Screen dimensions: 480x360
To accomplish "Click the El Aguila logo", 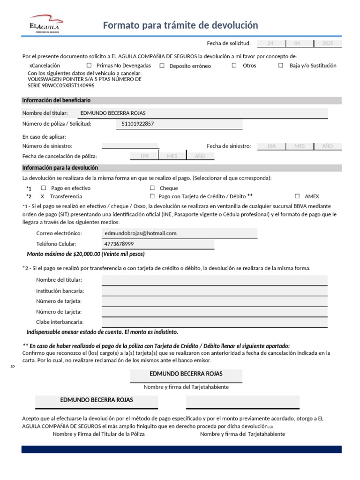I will [x=45, y=25].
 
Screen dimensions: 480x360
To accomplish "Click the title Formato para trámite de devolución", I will [x=180, y=25].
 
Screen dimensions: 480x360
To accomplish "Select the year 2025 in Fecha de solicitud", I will [x=328, y=44].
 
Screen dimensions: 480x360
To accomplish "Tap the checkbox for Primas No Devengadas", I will [x=89, y=66].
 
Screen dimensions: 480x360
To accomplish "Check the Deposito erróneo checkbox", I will [x=162, y=66].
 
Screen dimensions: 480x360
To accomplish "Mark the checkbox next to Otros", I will [x=234, y=66].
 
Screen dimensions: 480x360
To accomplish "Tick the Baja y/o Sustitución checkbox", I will [x=281, y=66].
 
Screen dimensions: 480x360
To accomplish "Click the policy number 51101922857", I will [x=137, y=124].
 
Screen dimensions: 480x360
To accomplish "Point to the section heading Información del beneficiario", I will [x=56, y=100].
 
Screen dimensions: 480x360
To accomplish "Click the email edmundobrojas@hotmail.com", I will [x=141, y=233].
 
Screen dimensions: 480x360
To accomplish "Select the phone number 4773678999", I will [x=120, y=244].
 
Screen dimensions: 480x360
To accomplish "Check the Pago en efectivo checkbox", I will [x=44, y=188].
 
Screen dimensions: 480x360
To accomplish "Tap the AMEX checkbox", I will [x=297, y=196].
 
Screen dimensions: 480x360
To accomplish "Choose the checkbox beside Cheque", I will [x=152, y=188].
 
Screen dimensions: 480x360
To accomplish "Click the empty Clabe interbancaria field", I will [x=214, y=322].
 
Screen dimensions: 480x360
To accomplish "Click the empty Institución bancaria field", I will [x=214, y=291].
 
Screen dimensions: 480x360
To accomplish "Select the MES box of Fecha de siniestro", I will [x=300, y=146].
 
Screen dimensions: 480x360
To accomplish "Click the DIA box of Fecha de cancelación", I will [x=144, y=156].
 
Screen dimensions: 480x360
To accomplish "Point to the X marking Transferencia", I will [x=43, y=196].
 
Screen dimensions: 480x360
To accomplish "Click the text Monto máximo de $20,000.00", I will [x=86, y=254].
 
